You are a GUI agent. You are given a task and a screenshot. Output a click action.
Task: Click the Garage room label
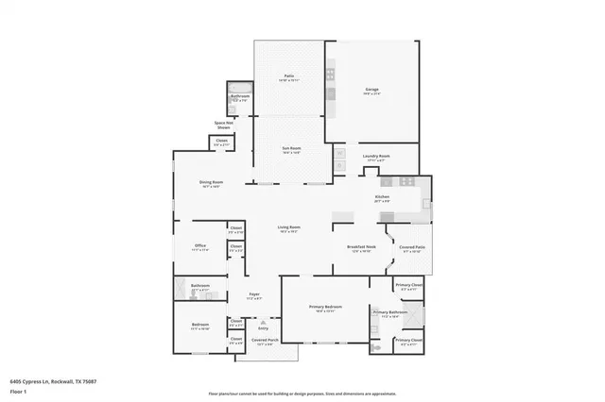[x=372, y=90]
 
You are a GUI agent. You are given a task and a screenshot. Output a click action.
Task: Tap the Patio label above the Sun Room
[x=288, y=76]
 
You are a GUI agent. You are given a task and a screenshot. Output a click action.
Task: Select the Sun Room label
[x=288, y=148]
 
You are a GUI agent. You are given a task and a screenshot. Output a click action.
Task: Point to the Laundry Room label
[x=378, y=157]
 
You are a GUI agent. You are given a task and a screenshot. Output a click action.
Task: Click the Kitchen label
[x=382, y=197]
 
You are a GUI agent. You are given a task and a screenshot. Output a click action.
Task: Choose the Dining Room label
[x=211, y=182]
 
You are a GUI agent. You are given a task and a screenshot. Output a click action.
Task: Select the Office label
[x=199, y=246]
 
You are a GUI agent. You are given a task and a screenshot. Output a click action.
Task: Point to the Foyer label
[x=254, y=294]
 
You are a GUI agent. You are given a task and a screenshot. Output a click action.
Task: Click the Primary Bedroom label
[x=326, y=308]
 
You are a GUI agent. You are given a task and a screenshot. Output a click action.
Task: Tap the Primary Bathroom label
[x=389, y=311]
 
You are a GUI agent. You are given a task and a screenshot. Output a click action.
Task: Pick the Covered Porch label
[x=265, y=341]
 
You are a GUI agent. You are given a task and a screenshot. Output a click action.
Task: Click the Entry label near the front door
[x=250, y=327]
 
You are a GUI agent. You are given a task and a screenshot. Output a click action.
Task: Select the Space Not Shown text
[x=224, y=125]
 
